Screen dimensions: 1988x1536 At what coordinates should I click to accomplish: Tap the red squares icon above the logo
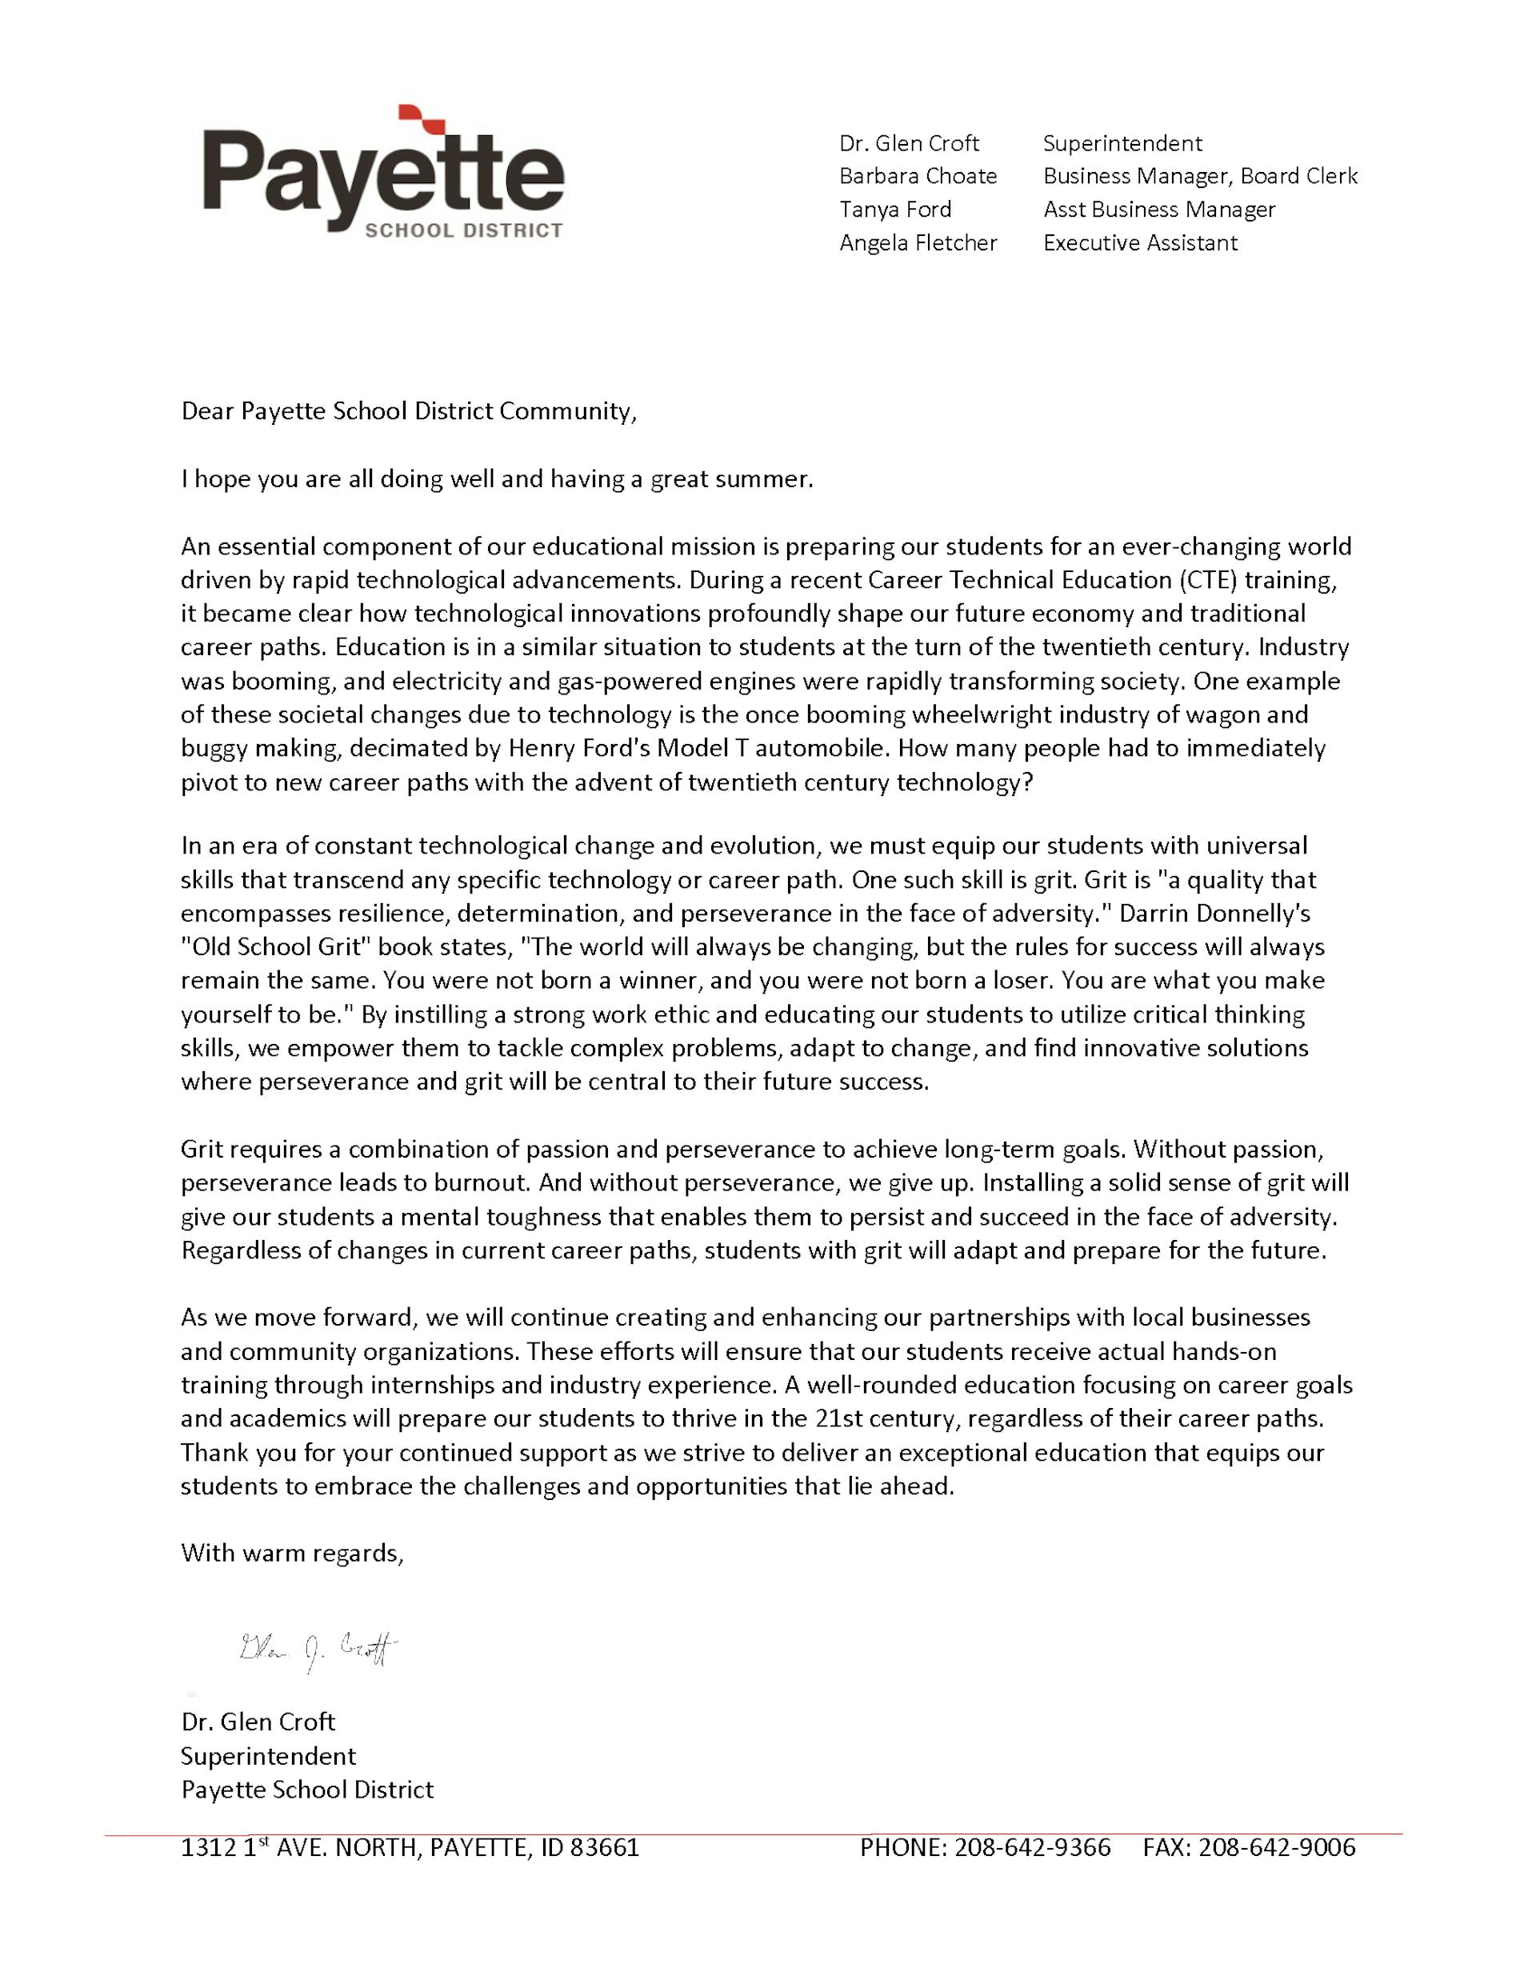tap(420, 118)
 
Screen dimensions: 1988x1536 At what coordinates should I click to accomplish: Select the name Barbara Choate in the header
tap(918, 176)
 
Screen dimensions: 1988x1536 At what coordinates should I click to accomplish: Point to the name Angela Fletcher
tap(918, 243)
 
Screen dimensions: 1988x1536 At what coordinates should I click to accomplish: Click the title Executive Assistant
tap(1140, 243)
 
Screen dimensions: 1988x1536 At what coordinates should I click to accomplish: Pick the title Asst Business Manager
tap(1159, 210)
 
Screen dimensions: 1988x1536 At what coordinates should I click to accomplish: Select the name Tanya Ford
tap(895, 210)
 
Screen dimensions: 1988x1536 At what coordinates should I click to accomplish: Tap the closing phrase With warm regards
tap(291, 1553)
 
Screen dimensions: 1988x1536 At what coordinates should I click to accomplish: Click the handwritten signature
tap(318, 1649)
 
